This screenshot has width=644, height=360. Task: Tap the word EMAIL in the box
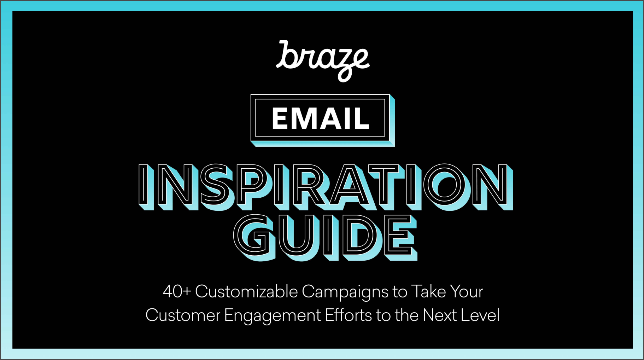pyautogui.click(x=321, y=118)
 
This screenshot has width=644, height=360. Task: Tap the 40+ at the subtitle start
pyautogui.click(x=177, y=292)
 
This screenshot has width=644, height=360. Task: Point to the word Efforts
pyautogui.click(x=348, y=315)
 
